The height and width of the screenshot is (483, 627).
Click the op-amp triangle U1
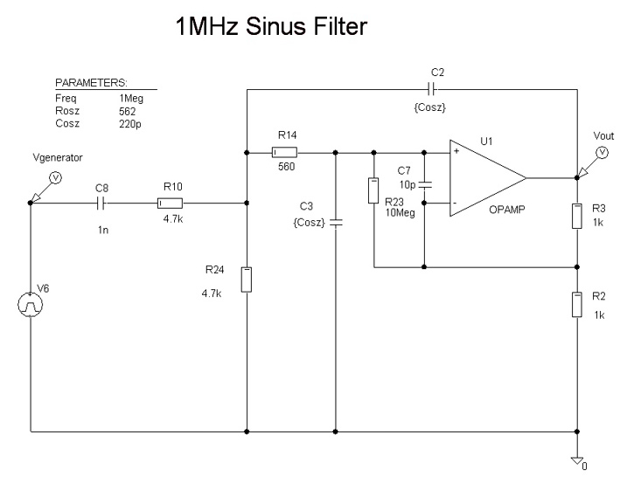click(485, 177)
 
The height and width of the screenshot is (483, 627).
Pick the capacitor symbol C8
click(103, 203)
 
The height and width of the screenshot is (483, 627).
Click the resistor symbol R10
click(170, 203)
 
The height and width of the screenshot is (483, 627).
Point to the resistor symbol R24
click(247, 279)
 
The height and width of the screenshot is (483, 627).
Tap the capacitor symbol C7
click(425, 185)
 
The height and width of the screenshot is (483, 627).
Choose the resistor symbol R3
click(577, 215)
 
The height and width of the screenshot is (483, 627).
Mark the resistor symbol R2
click(577, 305)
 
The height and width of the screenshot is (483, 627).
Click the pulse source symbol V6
click(31, 305)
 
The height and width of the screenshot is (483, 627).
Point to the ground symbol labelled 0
click(577, 459)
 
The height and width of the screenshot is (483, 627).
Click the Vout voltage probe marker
click(602, 152)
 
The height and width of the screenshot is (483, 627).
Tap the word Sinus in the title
click(284, 28)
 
